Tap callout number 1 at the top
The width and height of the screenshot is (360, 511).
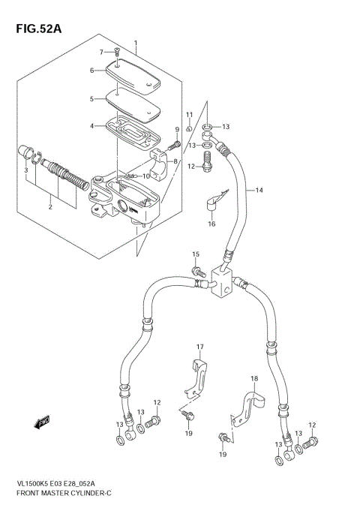click(x=136, y=43)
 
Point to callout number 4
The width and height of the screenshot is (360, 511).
click(x=92, y=125)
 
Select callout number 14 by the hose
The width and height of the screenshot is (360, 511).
click(x=259, y=191)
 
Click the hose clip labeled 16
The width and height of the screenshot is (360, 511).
click(x=213, y=202)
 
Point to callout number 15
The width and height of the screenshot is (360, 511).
click(x=195, y=255)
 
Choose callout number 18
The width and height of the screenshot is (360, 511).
click(x=253, y=379)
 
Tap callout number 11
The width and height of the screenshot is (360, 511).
click(x=190, y=114)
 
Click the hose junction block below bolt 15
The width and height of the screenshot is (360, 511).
click(x=223, y=285)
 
